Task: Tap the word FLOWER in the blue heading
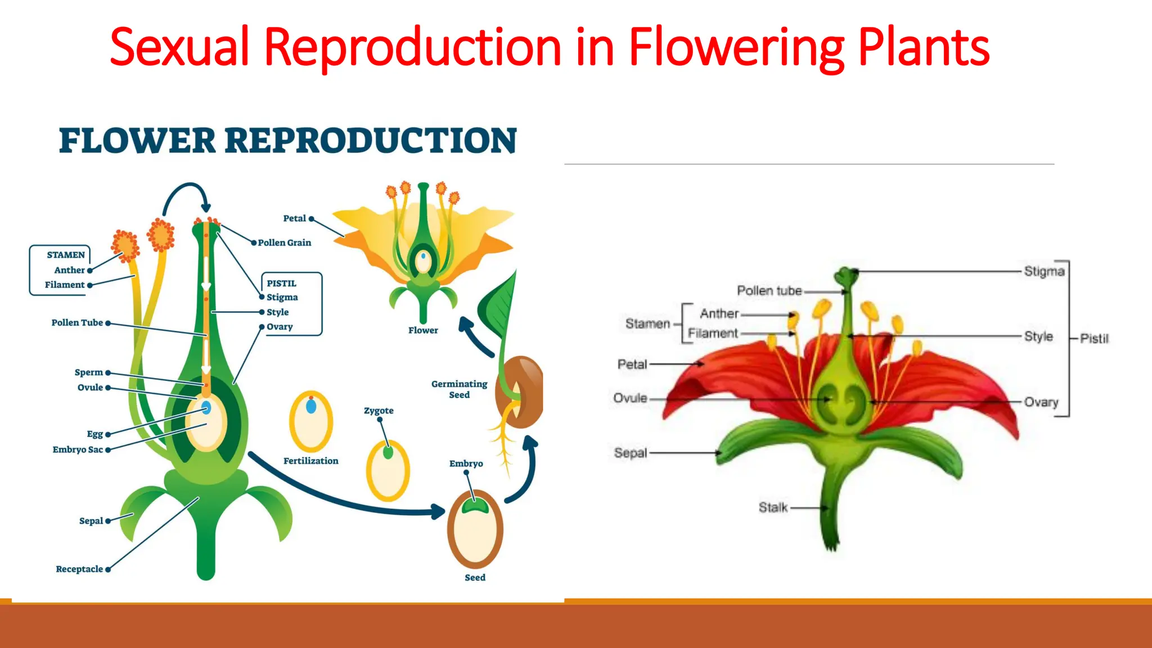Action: pyautogui.click(x=137, y=141)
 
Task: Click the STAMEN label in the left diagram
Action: pyautogui.click(x=66, y=255)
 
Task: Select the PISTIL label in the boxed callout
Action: pyautogui.click(x=281, y=283)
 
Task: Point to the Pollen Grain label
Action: pyautogui.click(x=284, y=243)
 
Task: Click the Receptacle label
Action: pyautogui.click(x=79, y=569)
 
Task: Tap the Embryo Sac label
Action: pyautogui.click(x=78, y=449)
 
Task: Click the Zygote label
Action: pyautogui.click(x=379, y=411)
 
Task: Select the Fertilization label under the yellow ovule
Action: pyautogui.click(x=310, y=461)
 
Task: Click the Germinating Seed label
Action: pyautogui.click(x=459, y=389)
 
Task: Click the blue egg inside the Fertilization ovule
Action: pyautogui.click(x=311, y=406)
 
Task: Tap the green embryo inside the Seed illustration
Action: pyautogui.click(x=475, y=506)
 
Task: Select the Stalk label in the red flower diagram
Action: pyautogui.click(x=773, y=507)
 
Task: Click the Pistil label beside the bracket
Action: pyautogui.click(x=1094, y=339)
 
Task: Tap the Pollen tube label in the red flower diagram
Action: pyautogui.click(x=769, y=291)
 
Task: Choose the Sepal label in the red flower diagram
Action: pyautogui.click(x=631, y=453)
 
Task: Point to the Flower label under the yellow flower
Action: pyautogui.click(x=423, y=331)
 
